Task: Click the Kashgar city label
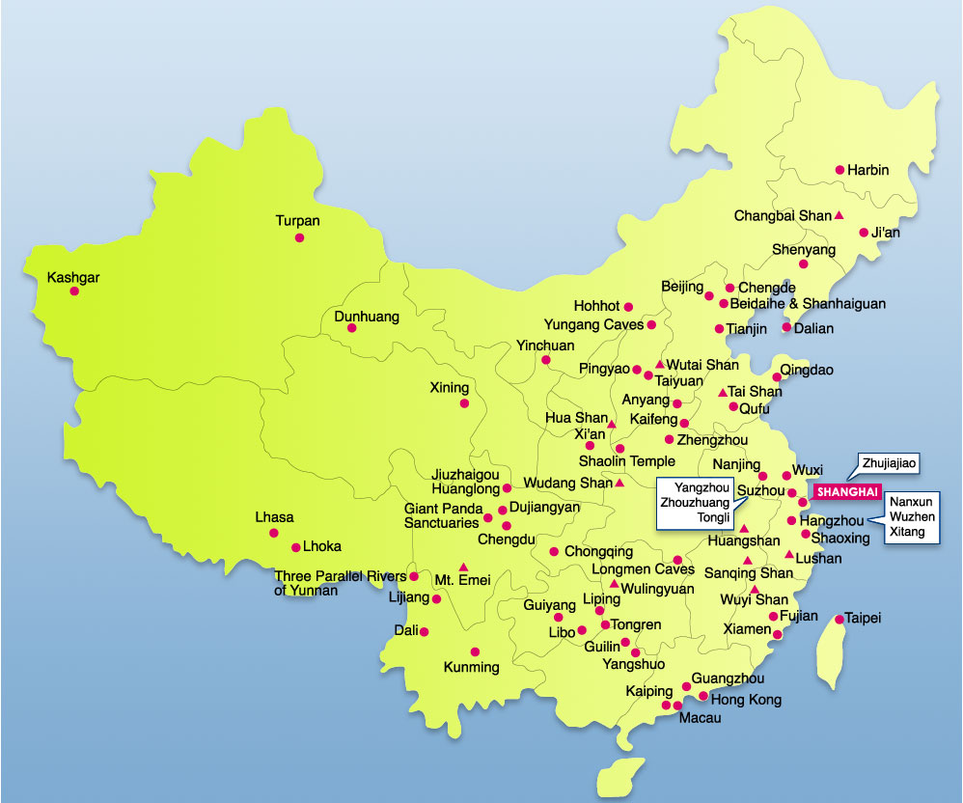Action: [73, 278]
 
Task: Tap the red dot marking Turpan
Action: [300, 237]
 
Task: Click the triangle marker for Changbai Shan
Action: [839, 215]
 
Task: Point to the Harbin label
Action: [868, 170]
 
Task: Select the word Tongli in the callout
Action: [693, 516]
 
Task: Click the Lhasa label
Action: [274, 517]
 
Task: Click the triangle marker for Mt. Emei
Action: [464, 567]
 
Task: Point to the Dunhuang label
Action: [366, 316]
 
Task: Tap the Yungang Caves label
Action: [593, 324]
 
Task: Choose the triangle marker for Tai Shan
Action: [723, 393]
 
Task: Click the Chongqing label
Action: [598, 552]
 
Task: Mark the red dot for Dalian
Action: [786, 327]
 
